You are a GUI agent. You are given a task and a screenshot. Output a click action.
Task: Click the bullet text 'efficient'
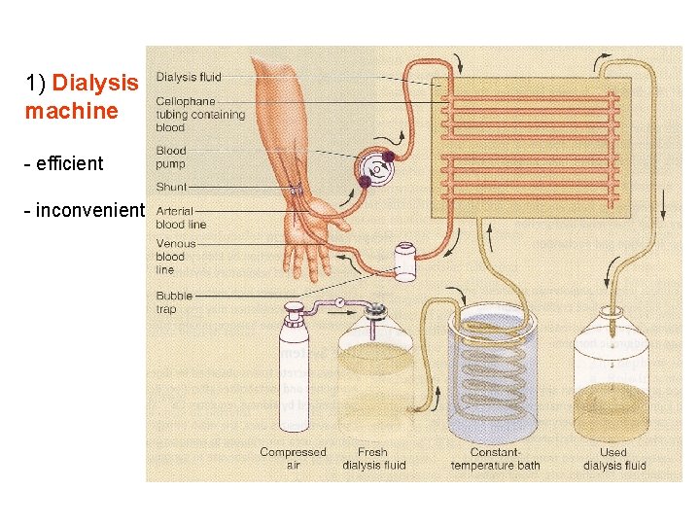coord(69,163)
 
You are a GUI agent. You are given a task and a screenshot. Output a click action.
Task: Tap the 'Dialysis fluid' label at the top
coord(189,77)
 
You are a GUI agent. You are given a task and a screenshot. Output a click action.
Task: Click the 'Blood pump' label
coord(171,157)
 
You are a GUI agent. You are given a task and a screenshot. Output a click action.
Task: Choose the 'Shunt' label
coord(171,187)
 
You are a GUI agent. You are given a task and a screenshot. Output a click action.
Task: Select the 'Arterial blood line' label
coord(181,217)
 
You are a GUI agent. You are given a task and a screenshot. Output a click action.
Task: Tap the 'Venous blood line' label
coord(175,257)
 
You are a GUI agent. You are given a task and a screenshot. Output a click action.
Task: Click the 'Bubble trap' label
coord(174,301)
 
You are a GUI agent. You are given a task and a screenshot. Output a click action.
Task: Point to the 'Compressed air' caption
coord(293,459)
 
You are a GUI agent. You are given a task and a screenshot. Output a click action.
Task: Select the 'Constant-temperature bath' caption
coord(495,459)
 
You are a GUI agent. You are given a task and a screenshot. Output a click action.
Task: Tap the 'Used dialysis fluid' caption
coord(614,459)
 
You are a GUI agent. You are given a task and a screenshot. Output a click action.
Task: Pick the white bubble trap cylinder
coord(405,262)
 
